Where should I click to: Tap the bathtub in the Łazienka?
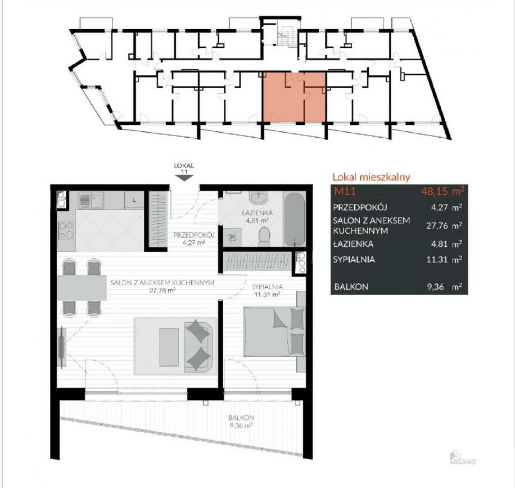click(x=294, y=219)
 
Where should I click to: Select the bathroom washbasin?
click(x=259, y=198)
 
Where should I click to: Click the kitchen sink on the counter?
click(x=91, y=200)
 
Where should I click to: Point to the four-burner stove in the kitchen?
click(x=66, y=230)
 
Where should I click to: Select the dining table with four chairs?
click(x=82, y=288)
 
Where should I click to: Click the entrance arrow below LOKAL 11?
click(x=184, y=178)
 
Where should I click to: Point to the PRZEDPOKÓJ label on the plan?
click(x=194, y=235)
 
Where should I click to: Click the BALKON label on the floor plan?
click(x=241, y=418)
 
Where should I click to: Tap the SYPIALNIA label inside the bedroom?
click(x=267, y=287)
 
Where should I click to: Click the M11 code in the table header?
click(x=345, y=191)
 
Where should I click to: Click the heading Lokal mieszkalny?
click(x=372, y=177)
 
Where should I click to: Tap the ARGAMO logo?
click(x=463, y=458)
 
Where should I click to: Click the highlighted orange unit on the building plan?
click(x=294, y=97)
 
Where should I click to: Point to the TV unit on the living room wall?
click(x=62, y=347)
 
